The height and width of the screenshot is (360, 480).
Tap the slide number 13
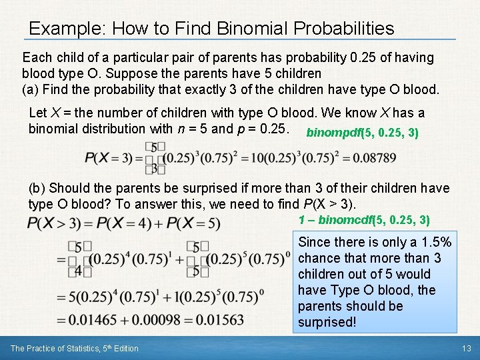467,348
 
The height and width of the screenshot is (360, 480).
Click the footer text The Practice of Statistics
74,348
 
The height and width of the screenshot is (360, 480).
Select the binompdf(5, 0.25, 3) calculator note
362,133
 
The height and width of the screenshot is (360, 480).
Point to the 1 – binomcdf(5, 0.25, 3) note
363,219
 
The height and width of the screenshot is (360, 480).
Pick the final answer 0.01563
221,320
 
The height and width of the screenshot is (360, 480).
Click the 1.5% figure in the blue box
435,242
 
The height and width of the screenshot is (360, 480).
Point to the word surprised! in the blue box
327,322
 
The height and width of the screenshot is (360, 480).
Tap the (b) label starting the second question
37,189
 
